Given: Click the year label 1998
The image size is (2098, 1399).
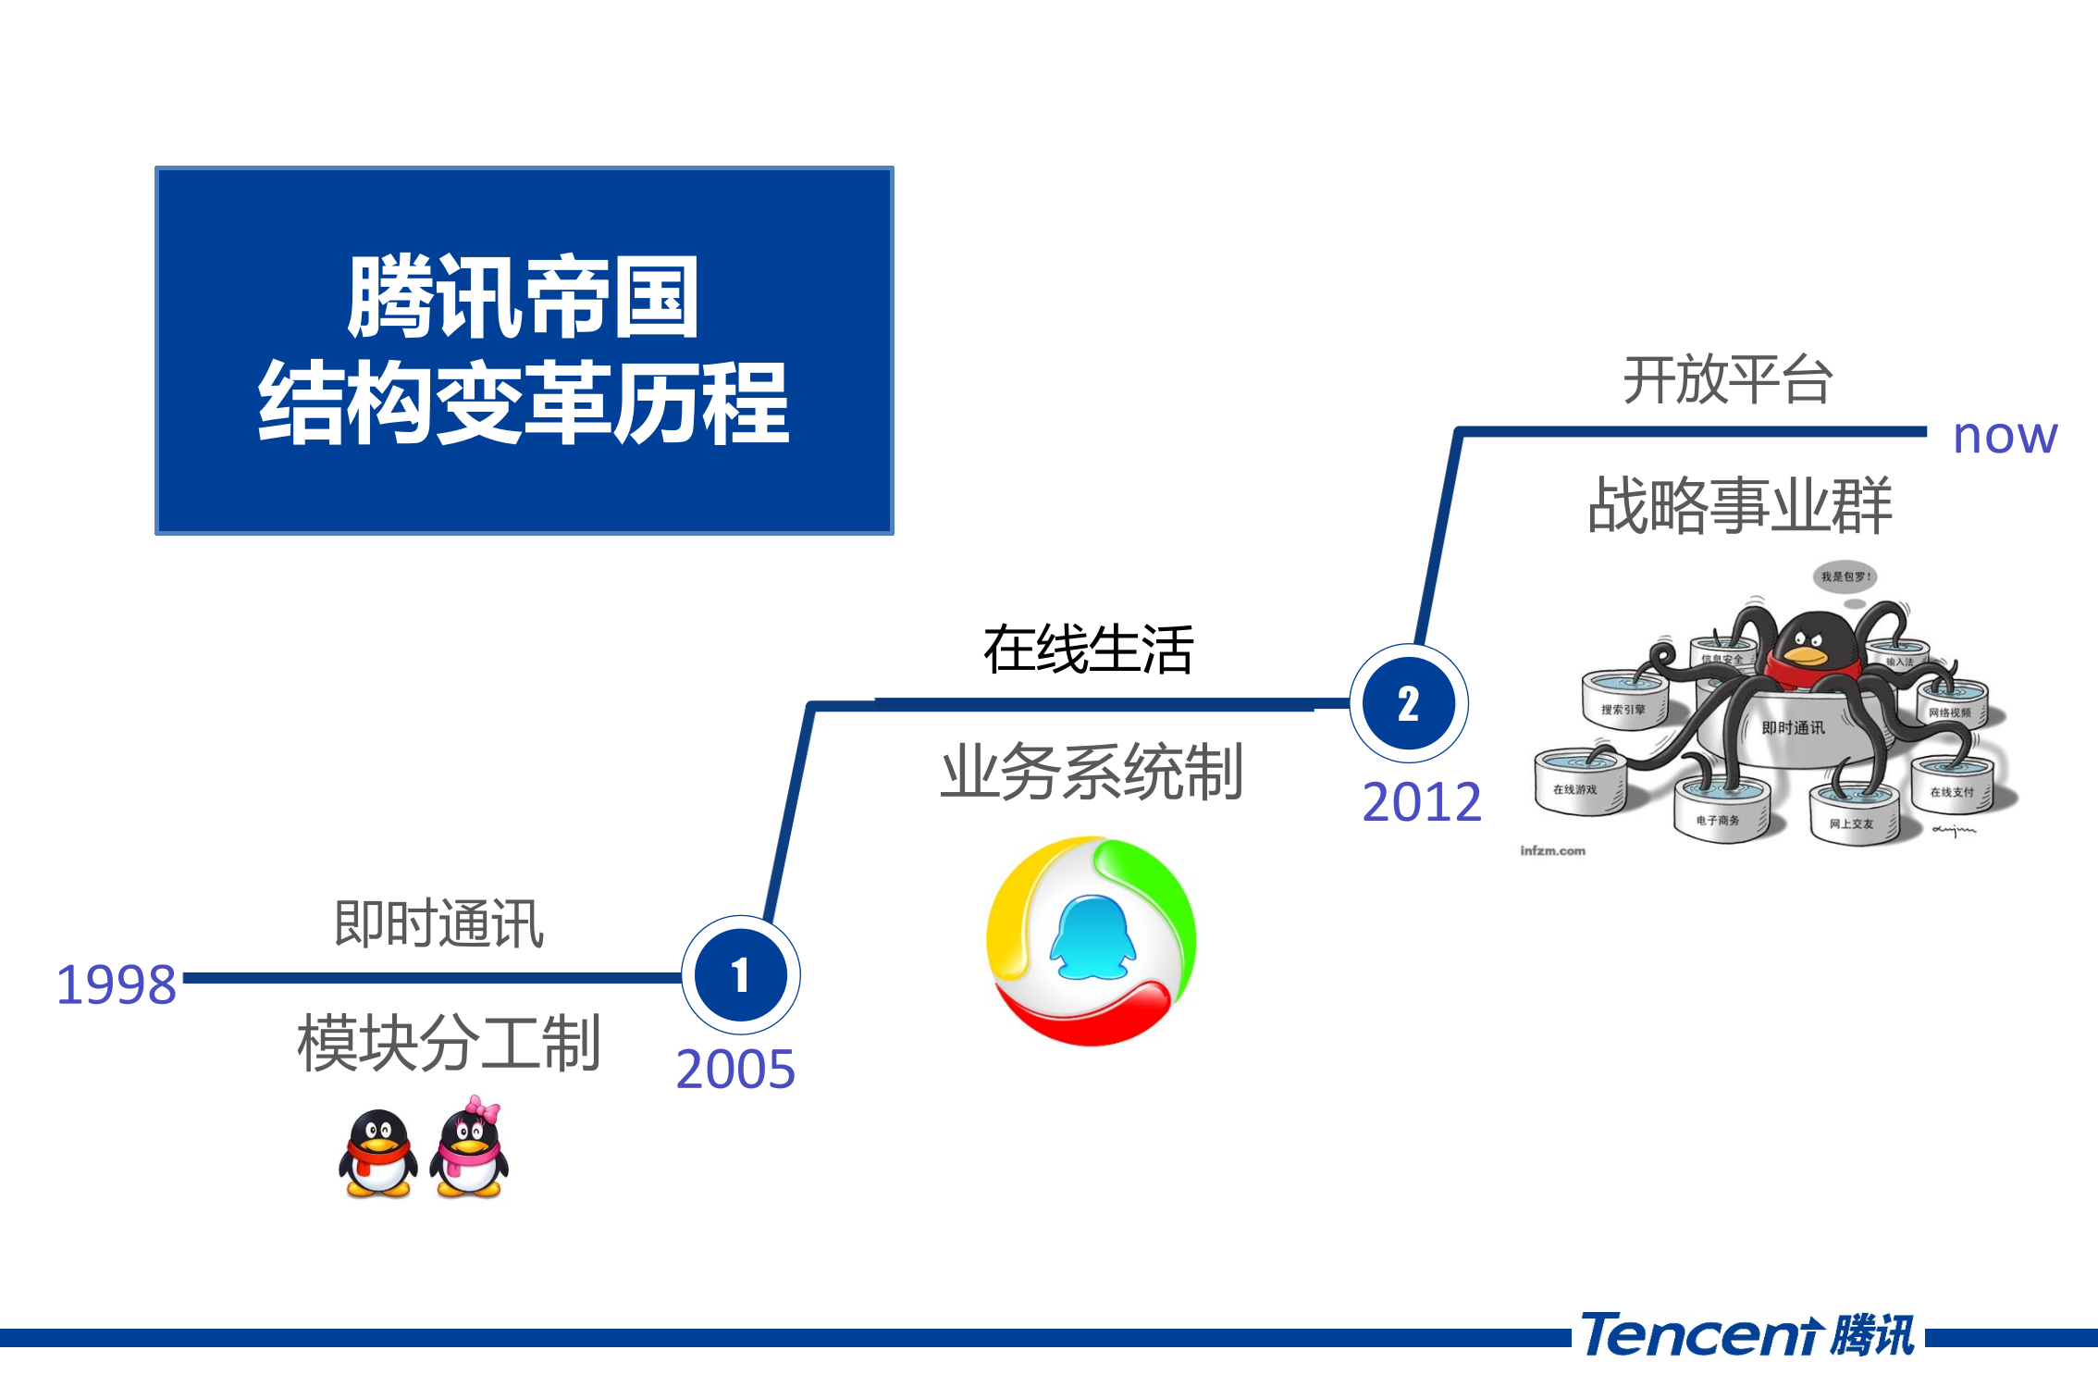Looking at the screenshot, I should point(117,984).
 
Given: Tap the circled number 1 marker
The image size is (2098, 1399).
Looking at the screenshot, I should point(741,976).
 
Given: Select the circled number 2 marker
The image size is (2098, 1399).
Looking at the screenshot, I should point(1408,704).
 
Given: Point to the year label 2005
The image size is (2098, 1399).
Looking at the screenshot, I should point(735,1070).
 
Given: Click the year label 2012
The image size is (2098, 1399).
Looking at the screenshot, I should point(1422,802).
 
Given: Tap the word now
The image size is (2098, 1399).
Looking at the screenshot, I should point(2005,436).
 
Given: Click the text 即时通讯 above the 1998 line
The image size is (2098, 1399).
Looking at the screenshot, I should point(438,923).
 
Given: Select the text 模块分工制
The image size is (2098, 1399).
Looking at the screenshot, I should point(450,1043).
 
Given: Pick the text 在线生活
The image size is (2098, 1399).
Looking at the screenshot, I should point(1089,650).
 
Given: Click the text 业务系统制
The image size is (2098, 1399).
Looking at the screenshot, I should point(1092,772).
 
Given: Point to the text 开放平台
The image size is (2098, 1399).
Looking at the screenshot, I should point(1728,380).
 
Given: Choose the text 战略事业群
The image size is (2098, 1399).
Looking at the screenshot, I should point(1739,506).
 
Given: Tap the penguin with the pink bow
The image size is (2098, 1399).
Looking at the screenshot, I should point(470,1150).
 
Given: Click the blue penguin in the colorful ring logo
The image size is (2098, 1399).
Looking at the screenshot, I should point(1092,938).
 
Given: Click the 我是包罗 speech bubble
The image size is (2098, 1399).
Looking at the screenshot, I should point(1845,576).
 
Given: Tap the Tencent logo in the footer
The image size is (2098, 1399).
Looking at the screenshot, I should point(1746,1335).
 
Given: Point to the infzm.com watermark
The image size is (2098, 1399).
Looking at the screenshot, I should point(1552,850).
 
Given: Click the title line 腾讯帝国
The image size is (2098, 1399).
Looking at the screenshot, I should point(524,298).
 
